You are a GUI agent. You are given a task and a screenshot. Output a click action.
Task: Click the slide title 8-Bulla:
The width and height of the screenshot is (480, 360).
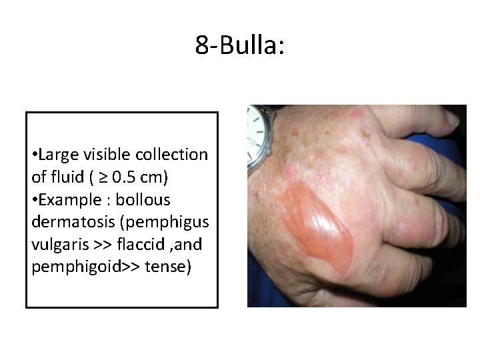click(240, 45)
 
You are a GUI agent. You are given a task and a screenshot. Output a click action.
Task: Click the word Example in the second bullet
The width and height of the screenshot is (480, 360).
click(64, 199)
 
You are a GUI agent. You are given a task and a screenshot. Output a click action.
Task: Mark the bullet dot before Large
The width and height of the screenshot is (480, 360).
click(34, 156)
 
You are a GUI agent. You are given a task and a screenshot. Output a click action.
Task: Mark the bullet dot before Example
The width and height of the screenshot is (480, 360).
click(34, 200)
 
